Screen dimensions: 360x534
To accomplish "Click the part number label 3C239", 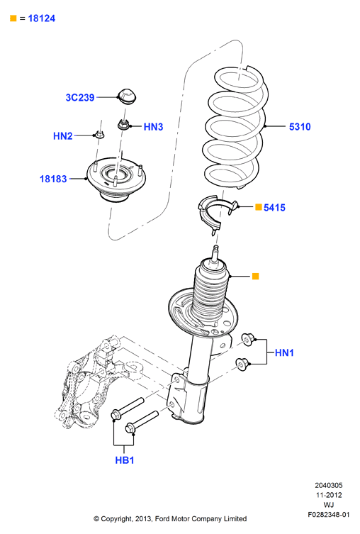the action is [80, 97].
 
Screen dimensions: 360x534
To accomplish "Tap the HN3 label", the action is [153, 127].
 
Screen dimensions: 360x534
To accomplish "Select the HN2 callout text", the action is [63, 136].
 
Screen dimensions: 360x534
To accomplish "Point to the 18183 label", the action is [53, 179].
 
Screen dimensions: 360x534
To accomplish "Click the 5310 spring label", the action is [300, 127].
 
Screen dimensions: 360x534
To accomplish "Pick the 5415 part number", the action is [274, 207].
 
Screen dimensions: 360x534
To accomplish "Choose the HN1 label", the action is [284, 352].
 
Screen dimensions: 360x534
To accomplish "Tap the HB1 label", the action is [125, 460].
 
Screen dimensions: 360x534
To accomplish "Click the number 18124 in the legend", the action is [42, 18].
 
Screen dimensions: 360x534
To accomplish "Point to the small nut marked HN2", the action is [99, 135].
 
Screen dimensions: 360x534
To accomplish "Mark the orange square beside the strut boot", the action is [256, 276].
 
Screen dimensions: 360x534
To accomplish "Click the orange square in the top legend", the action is [13, 18].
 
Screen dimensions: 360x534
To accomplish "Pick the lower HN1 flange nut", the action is [242, 364].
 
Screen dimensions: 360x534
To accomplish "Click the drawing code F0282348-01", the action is [328, 514].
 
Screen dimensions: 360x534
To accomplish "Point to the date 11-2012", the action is [329, 495].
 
